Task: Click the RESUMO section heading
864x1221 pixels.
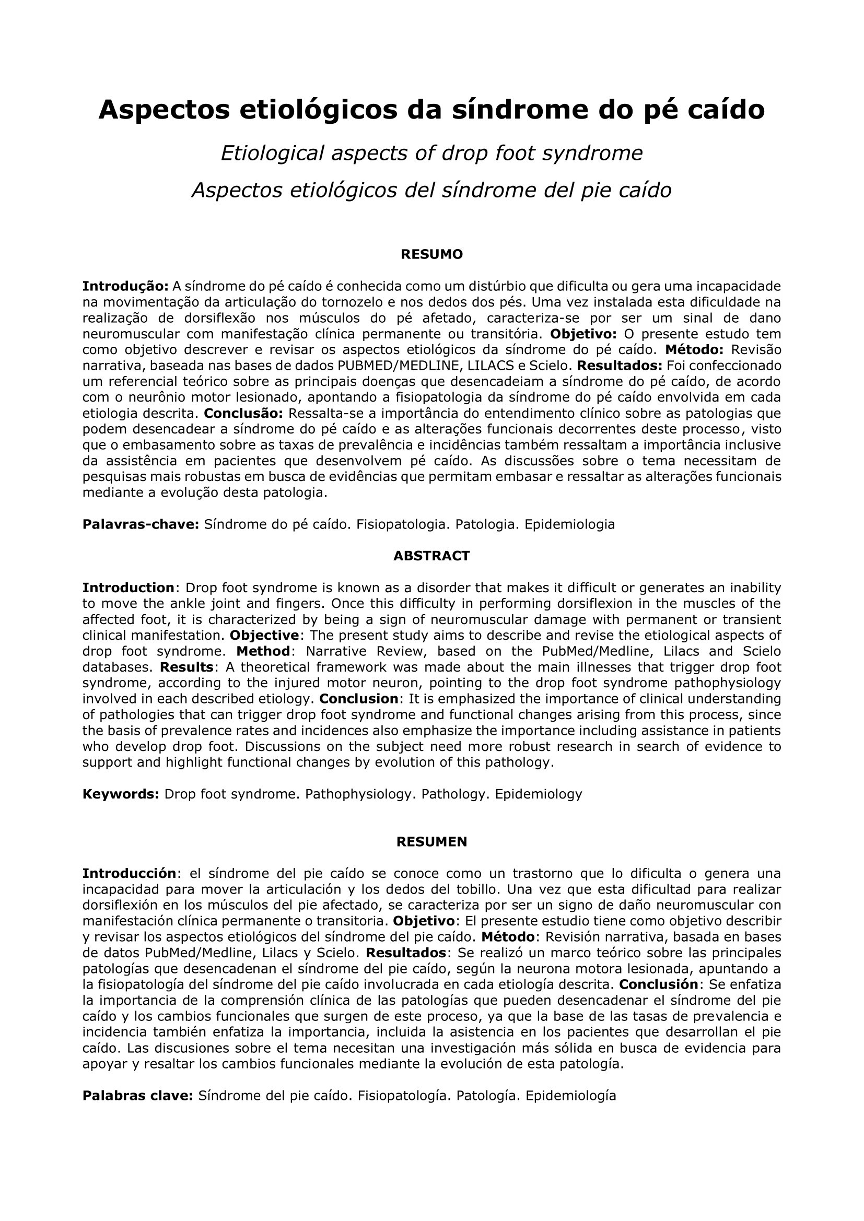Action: click(x=431, y=254)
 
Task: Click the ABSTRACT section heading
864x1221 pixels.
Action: click(x=431, y=556)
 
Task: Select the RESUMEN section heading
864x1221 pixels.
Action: click(x=431, y=841)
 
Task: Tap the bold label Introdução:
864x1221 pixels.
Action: click(x=125, y=286)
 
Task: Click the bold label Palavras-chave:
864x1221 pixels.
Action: click(x=141, y=524)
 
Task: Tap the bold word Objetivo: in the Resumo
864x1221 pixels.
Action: click(x=583, y=334)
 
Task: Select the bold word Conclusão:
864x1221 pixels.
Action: click(x=243, y=413)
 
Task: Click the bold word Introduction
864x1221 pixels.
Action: click(x=128, y=588)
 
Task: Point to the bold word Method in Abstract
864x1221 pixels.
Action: click(x=263, y=651)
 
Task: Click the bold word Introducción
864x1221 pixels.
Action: click(x=129, y=873)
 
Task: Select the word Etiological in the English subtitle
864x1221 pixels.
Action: click(x=272, y=153)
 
